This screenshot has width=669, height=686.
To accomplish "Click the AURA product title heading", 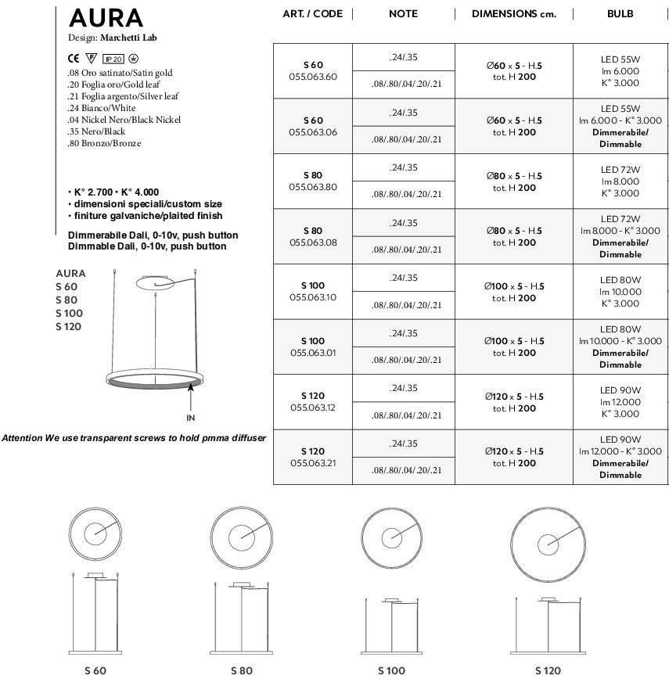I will pos(106,18).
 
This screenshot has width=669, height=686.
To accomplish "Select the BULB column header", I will pos(620,14).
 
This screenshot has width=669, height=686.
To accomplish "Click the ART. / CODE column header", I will pos(312,14).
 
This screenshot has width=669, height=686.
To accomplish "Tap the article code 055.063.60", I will pos(312,77).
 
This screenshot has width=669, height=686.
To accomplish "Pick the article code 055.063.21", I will pos(312,463).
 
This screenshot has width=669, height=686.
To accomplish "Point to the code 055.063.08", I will pos(312,242).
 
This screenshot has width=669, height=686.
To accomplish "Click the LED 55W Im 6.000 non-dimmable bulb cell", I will pos(620,70).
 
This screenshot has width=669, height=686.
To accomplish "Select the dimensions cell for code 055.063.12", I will pos(514,402).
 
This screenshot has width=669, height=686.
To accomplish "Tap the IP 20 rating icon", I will pos(113,59).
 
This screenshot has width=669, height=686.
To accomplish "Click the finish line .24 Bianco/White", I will pos(102,108).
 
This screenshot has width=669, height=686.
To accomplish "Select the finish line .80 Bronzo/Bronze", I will pos(104,144).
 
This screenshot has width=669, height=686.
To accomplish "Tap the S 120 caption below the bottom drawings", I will pos(548,671).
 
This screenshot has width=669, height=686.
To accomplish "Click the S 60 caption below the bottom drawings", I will pos(95,671).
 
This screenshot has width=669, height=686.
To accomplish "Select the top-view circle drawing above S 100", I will pos(390,537).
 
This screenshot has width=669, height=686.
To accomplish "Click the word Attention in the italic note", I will pos(23,438).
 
